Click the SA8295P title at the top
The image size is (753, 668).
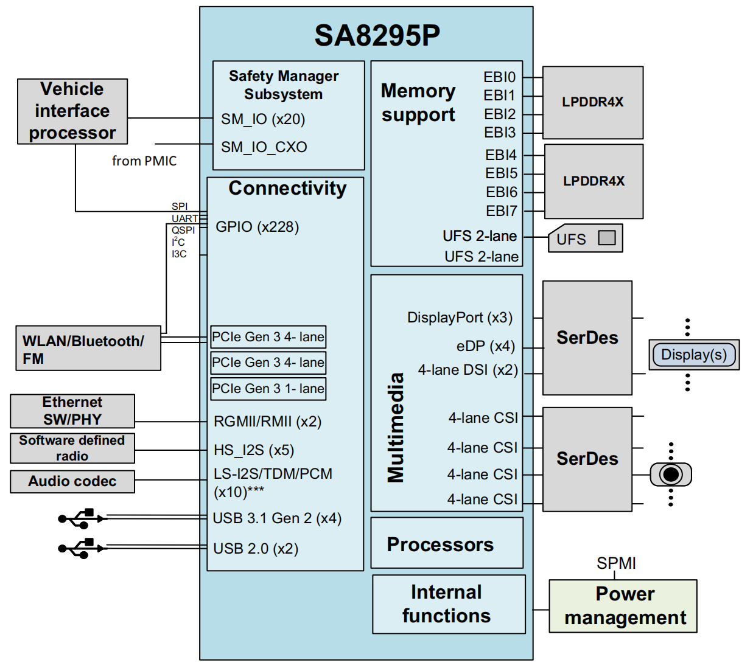377,36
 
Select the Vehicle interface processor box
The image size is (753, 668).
72,111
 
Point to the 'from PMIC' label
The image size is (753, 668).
144,161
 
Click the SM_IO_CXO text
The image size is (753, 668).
264,147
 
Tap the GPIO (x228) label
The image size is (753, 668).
257,227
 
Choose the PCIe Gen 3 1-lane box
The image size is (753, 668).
268,389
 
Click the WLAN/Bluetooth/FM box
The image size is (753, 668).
88,349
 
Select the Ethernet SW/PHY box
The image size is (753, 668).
72,411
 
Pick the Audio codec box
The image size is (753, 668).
72,481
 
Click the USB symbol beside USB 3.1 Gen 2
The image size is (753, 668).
81,518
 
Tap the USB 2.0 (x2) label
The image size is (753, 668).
256,549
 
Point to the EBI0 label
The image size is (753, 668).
499,77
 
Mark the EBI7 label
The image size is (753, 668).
501,211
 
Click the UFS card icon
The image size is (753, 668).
585,238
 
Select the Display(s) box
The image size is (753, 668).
694,355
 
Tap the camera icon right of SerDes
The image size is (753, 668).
671,475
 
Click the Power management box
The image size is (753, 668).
623,606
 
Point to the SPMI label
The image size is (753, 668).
616,563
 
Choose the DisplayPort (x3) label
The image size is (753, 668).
460,318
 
